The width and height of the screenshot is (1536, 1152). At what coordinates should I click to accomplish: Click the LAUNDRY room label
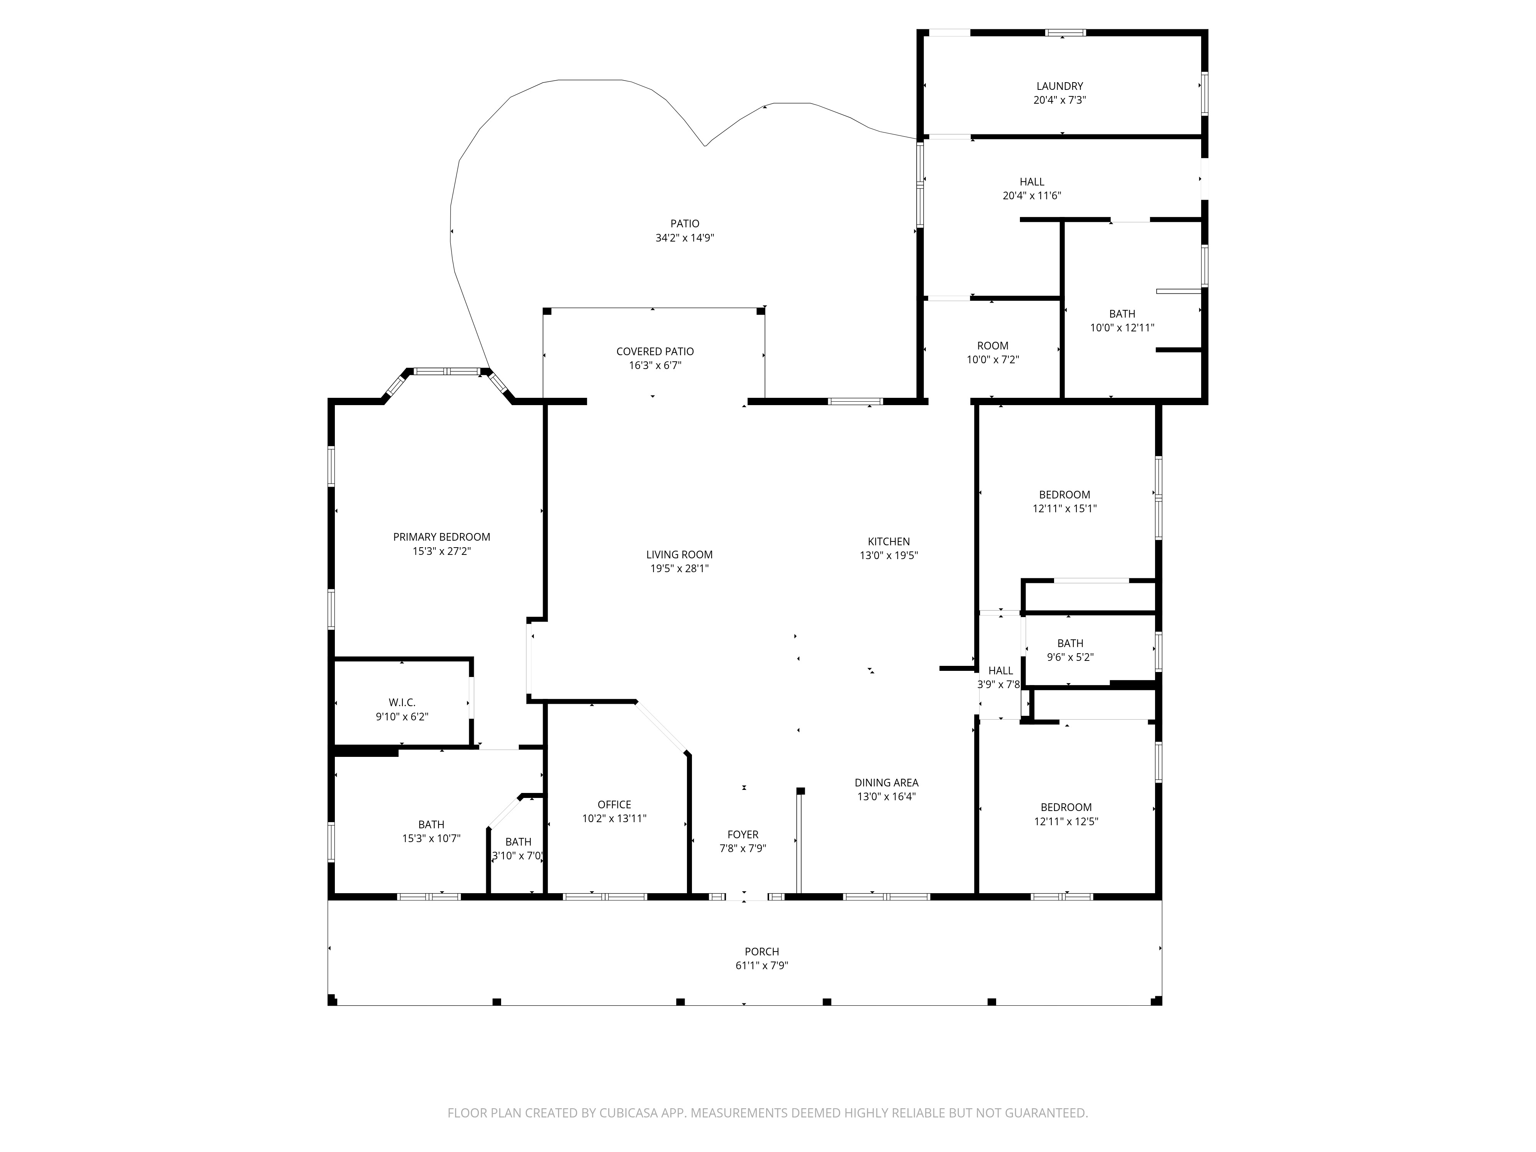click(x=1059, y=86)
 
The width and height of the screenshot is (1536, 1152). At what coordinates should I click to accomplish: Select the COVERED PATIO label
click(x=655, y=351)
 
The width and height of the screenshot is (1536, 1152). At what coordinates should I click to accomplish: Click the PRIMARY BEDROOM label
click(x=442, y=537)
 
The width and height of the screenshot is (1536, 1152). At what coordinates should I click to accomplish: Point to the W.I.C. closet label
click(x=402, y=703)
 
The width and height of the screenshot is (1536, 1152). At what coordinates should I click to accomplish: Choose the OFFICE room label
click(x=614, y=805)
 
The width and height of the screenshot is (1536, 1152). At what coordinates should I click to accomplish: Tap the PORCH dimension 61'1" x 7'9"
click(x=762, y=966)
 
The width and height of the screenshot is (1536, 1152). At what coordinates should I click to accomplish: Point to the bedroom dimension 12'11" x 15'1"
click(x=1064, y=509)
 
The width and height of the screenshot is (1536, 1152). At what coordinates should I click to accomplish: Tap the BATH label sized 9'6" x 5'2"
click(x=1070, y=644)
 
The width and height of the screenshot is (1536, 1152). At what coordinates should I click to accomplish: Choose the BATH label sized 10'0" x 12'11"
click(x=1122, y=314)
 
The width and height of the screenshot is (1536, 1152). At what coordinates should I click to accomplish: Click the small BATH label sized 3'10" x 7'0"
click(x=518, y=842)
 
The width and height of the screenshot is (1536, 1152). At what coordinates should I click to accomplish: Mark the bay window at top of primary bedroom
click(x=448, y=371)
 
